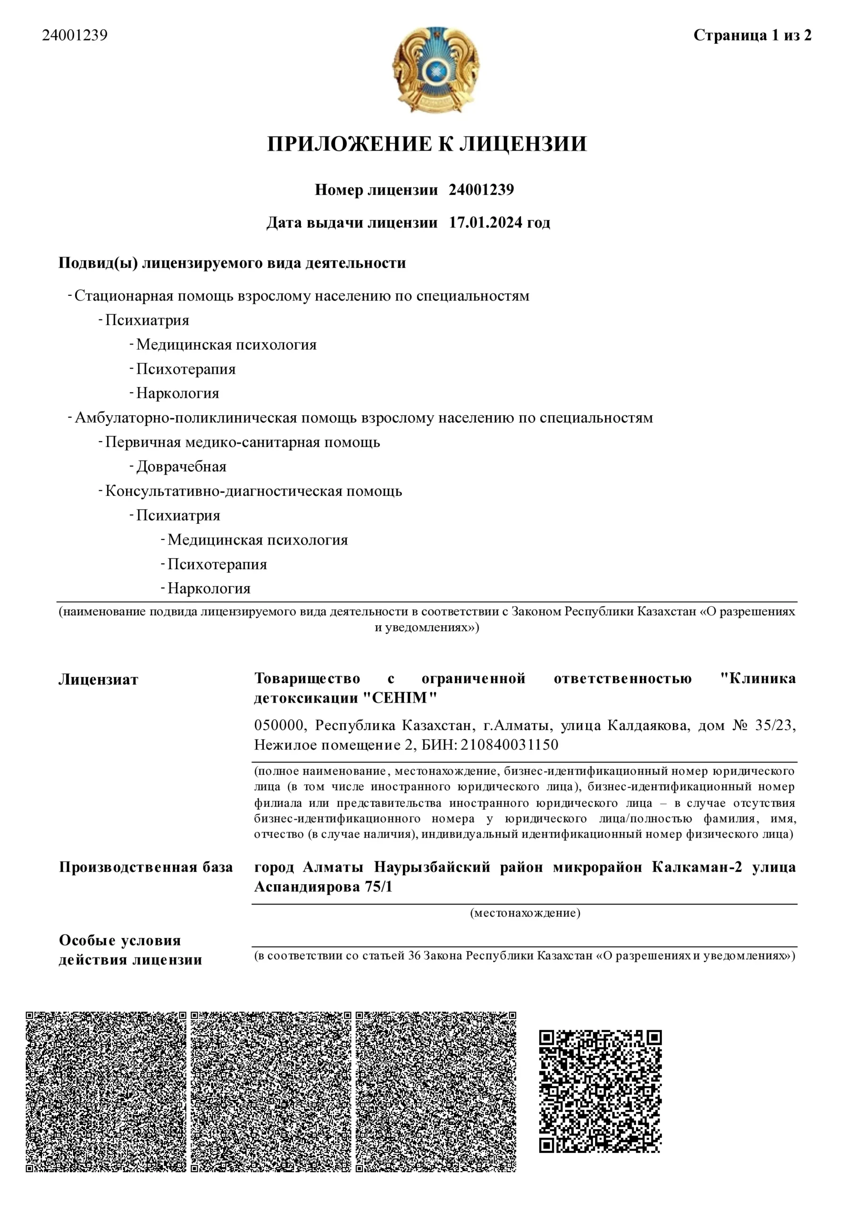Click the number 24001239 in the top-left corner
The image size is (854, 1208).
click(75, 35)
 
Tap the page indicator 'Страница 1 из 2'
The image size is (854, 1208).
click(752, 35)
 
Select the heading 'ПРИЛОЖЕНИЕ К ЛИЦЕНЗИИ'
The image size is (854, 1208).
click(427, 143)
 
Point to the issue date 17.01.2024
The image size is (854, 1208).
click(485, 223)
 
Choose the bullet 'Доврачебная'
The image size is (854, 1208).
click(181, 467)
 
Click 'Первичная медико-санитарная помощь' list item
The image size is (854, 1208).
click(242, 443)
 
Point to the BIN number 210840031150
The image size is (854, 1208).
click(510, 745)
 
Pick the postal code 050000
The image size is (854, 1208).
click(279, 726)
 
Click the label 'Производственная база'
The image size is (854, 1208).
click(146, 867)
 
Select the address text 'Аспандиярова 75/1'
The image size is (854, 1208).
click(323, 887)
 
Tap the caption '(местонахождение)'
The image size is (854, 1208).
click(525, 913)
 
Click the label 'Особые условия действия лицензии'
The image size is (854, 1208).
click(130, 950)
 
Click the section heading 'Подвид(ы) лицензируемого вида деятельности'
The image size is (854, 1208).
click(232, 263)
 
